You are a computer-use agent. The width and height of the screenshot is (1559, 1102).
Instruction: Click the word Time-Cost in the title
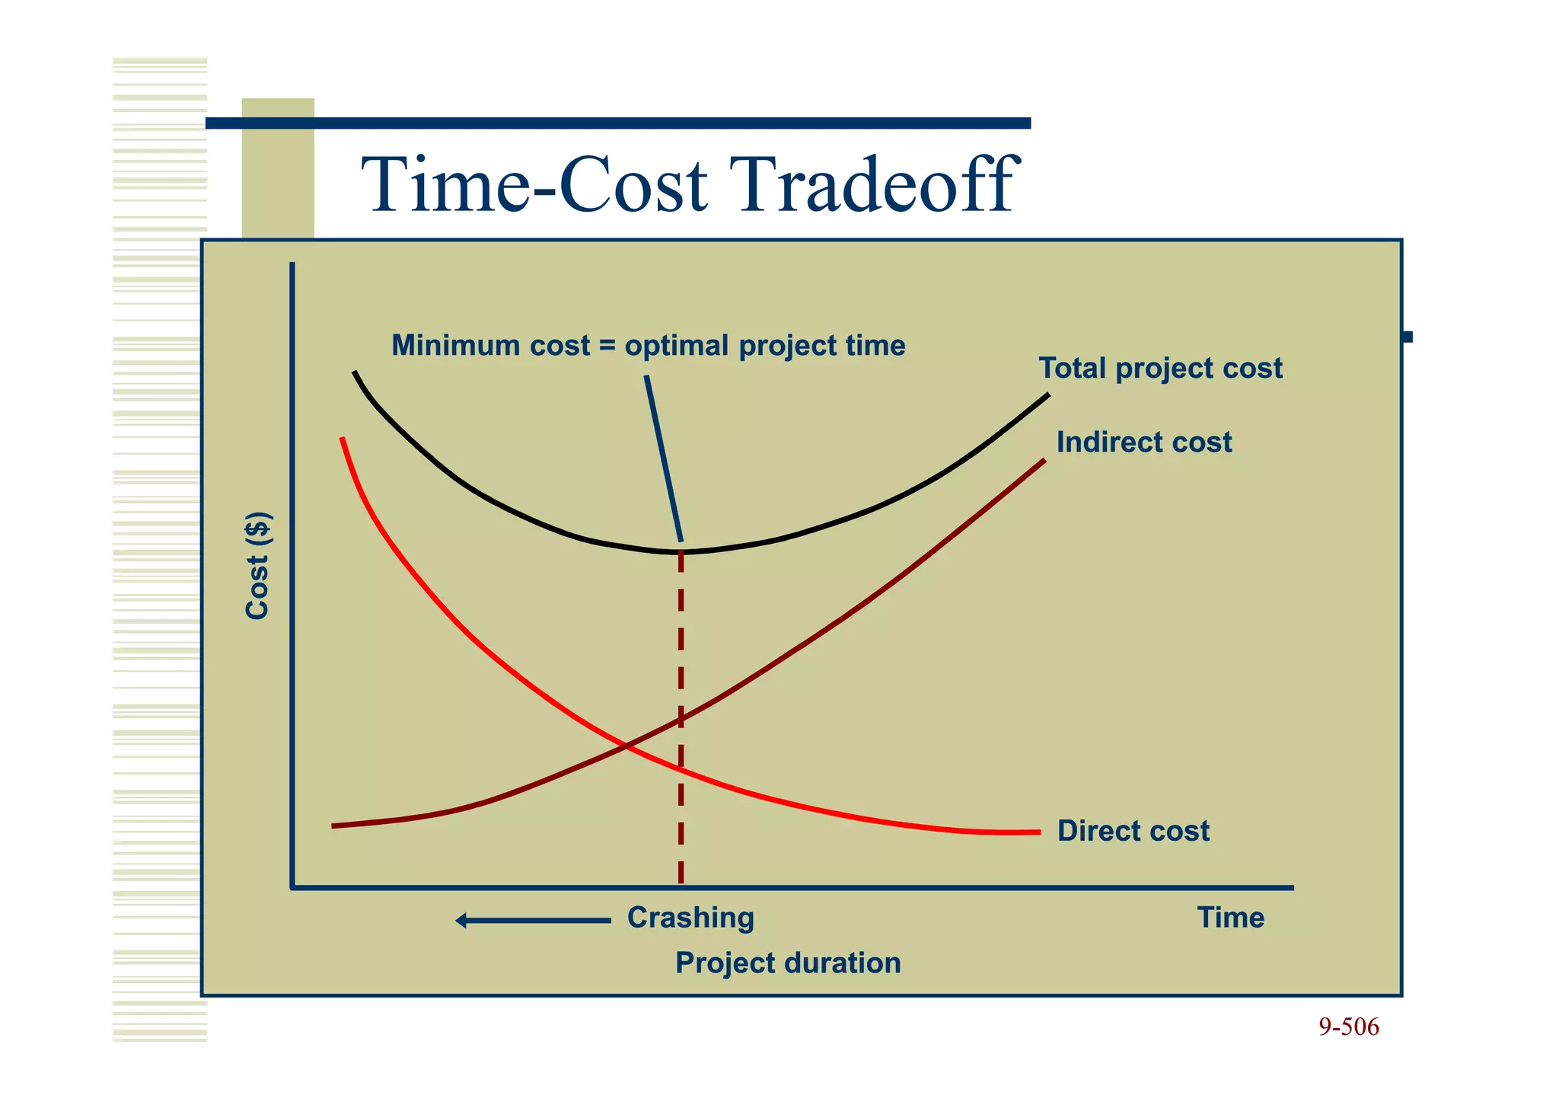534,184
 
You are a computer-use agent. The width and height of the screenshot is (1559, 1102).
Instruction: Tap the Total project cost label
1160,369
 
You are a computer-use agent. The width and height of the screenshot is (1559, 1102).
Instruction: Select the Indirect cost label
1143,442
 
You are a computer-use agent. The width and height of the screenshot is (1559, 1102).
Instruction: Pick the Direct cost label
1133,831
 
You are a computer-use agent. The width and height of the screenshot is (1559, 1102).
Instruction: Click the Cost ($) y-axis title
258,565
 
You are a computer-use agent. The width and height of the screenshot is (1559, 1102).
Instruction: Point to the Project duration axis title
788,963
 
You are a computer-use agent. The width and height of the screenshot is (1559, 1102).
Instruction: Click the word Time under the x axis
1230,918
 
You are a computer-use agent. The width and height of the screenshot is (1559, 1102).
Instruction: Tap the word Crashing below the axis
690,918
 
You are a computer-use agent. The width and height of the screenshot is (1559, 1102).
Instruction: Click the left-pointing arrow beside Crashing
533,921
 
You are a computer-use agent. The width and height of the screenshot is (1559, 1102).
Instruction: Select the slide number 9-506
1348,1027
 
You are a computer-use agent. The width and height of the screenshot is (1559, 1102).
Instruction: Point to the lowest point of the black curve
680,551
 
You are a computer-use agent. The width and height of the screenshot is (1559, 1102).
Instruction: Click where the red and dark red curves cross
626,746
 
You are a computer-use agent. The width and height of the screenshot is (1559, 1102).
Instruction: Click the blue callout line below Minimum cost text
663,457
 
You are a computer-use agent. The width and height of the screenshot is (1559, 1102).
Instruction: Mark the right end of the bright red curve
1038,832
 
